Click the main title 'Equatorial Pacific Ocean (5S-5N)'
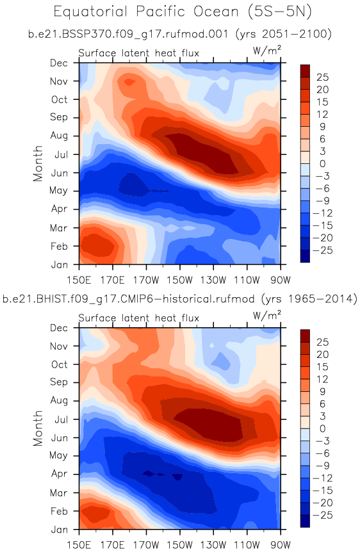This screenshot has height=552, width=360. coord(183,12)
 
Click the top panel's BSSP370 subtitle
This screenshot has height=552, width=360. coord(179,34)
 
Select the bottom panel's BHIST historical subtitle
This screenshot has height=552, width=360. coord(179,299)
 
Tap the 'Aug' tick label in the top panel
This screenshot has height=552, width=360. coord(59,136)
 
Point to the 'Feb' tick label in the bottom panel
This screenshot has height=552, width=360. coord(59,511)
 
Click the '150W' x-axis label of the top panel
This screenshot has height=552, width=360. coord(179,280)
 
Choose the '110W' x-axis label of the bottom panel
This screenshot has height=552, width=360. coord(247,546)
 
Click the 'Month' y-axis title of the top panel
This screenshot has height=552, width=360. coord(38,163)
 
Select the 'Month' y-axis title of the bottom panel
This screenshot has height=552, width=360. coord(38,428)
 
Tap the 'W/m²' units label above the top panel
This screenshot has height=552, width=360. coord(267,51)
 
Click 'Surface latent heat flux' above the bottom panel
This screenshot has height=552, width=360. coord(139,318)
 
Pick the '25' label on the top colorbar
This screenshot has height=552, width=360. coord(322,77)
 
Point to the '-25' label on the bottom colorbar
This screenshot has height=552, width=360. coord(323,515)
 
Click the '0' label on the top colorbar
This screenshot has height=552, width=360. coord(323,164)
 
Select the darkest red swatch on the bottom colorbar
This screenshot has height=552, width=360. coord(305,336)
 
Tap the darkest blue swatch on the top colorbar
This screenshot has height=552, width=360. coord(305,256)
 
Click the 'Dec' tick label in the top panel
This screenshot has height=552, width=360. coord(59,63)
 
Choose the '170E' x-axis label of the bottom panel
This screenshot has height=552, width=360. coord(112,546)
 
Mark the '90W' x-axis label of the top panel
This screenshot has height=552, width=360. coord(281,280)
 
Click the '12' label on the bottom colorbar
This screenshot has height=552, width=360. coord(322,379)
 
